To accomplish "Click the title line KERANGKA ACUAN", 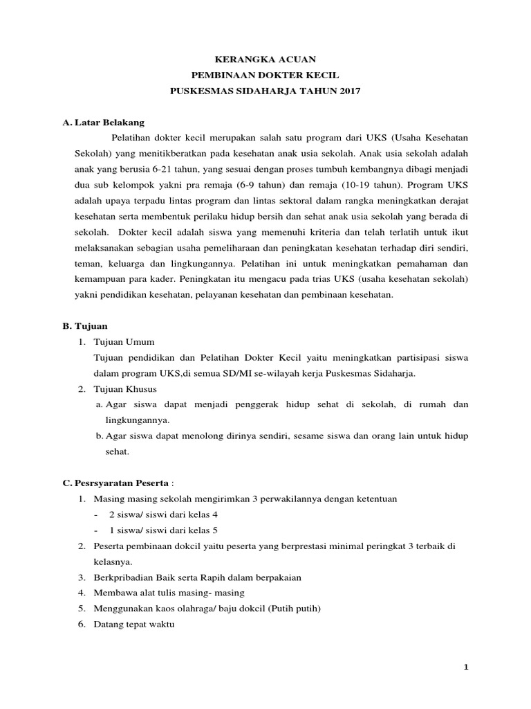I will coord(265,60).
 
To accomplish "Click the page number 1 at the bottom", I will coord(467,667).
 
